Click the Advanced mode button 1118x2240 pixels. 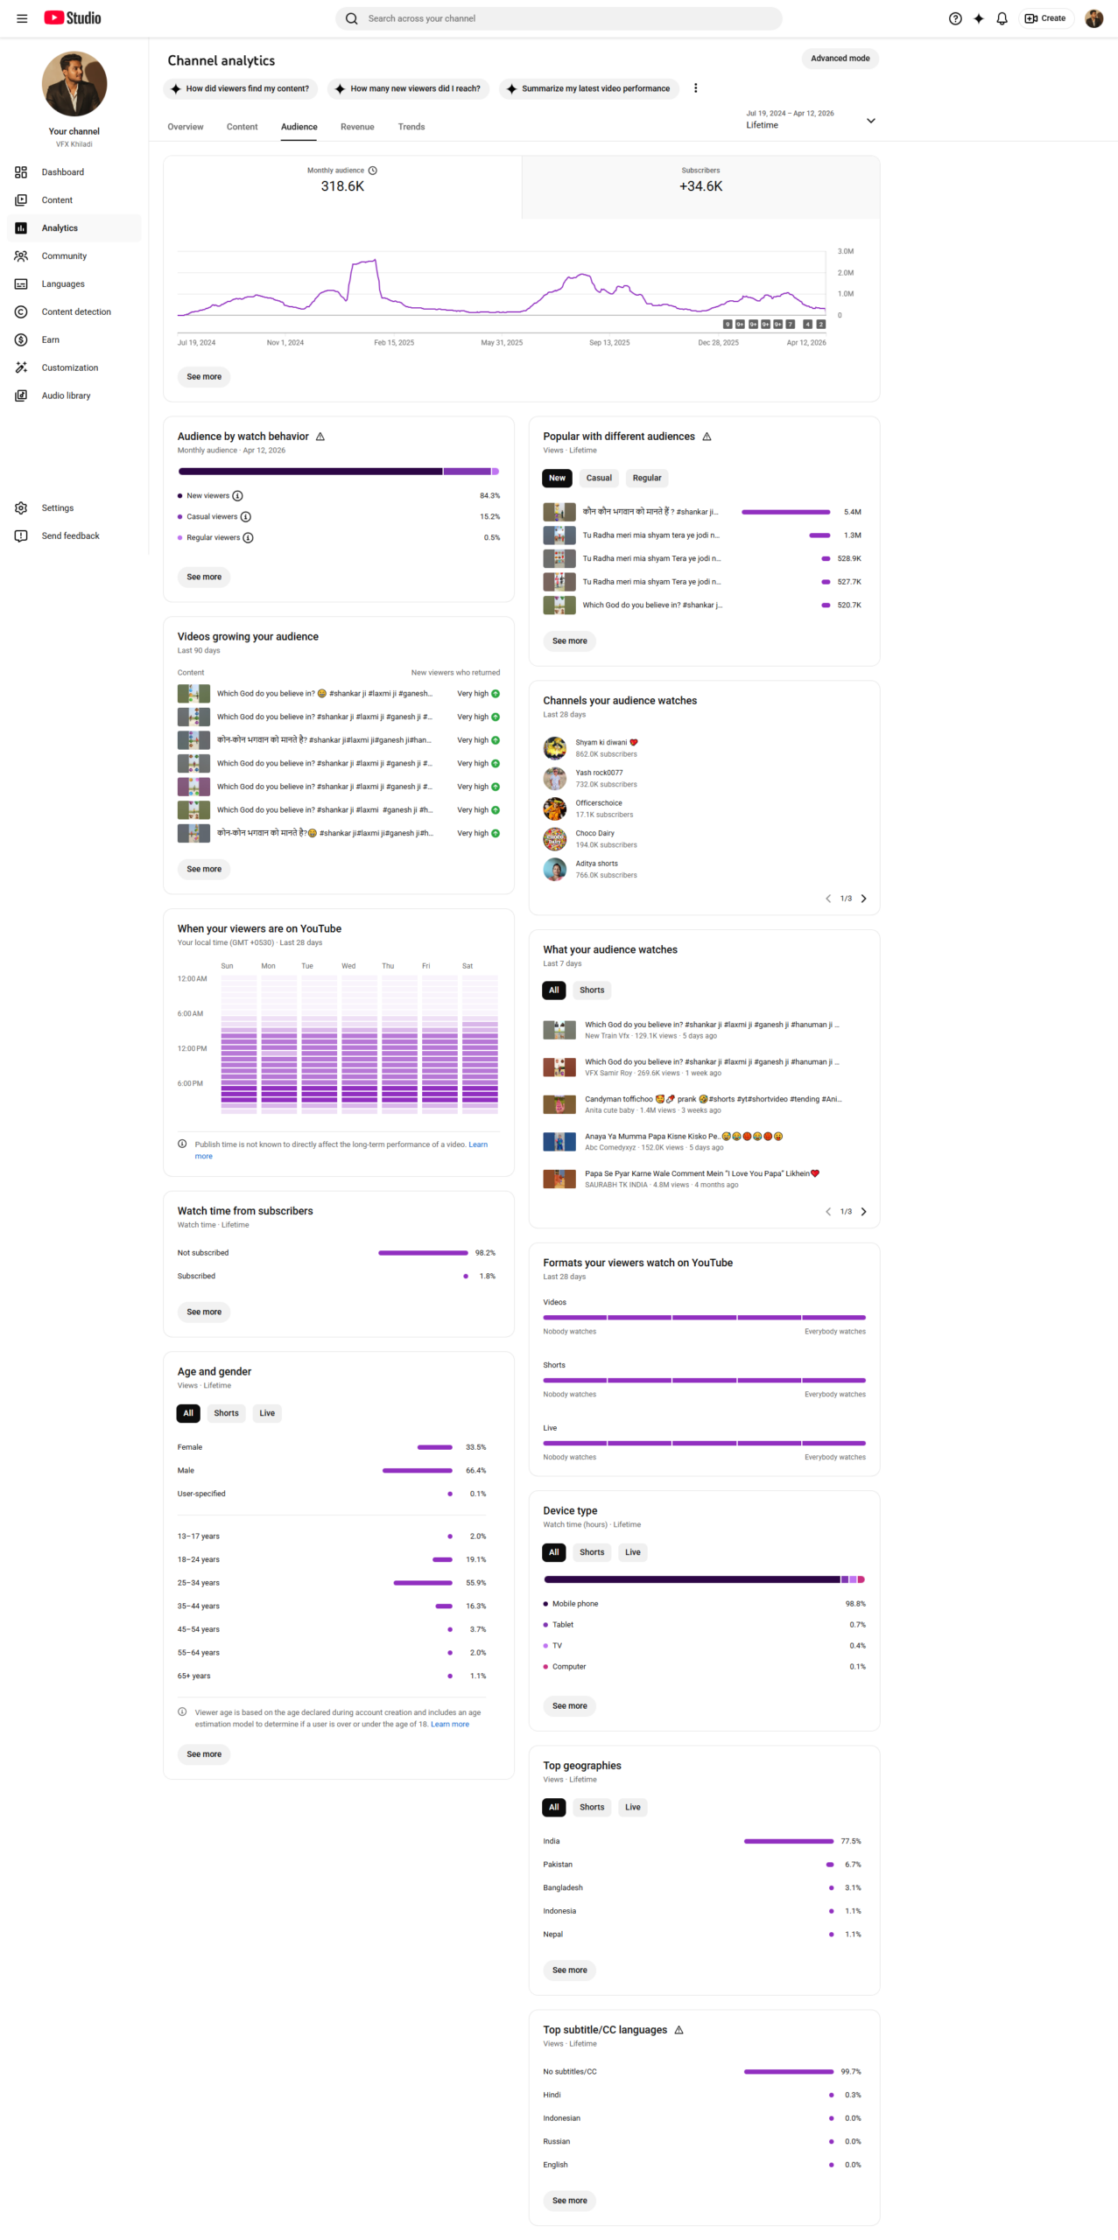pos(839,59)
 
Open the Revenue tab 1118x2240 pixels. pos(357,127)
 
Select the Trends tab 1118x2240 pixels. pos(411,127)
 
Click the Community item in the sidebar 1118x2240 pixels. pos(64,256)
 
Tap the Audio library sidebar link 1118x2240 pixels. pos(66,395)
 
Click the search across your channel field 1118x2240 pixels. pos(560,18)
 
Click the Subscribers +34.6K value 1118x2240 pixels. pos(700,186)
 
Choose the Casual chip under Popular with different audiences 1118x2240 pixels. pos(598,478)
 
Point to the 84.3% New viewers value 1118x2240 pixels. pos(489,496)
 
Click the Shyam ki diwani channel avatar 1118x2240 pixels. pos(554,748)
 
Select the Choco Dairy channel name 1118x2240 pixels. pos(594,833)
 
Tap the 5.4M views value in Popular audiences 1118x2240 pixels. pos(851,512)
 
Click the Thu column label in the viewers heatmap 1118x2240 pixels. pos(387,966)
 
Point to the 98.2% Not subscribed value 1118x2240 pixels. pos(484,1253)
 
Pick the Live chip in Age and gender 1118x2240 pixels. pos(267,1413)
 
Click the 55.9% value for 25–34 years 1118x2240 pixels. pos(475,1583)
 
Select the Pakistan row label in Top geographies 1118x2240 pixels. pos(558,1865)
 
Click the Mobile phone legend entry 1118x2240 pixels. pos(574,1604)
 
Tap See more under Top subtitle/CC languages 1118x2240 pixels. pos(569,2200)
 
